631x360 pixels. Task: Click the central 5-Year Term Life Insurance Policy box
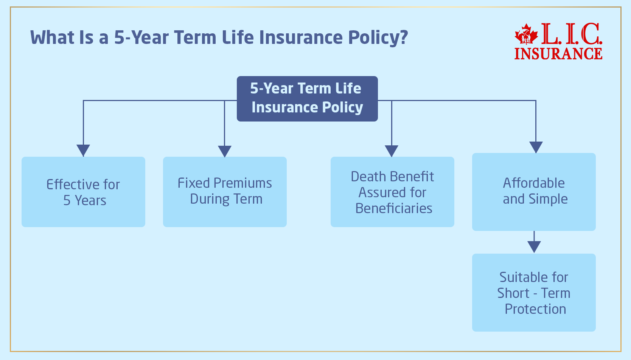click(x=307, y=98)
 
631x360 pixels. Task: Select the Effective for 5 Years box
click(x=83, y=192)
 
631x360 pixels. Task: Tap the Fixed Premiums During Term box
click(x=225, y=192)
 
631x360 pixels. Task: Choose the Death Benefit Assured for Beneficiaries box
click(x=392, y=192)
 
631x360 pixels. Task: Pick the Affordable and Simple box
click(x=534, y=192)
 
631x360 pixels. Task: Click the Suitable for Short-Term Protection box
click(x=534, y=293)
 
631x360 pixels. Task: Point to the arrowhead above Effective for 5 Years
click(x=83, y=150)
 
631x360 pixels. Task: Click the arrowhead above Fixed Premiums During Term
click(x=225, y=151)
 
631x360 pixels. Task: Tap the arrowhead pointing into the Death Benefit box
click(x=392, y=151)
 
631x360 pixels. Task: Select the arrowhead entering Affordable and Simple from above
click(x=536, y=147)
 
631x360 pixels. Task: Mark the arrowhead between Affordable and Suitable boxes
click(x=534, y=246)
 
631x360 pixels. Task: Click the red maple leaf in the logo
click(x=526, y=35)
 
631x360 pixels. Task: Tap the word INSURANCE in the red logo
click(x=558, y=54)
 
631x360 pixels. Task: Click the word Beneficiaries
click(x=393, y=209)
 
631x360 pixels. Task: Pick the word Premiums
click(x=242, y=183)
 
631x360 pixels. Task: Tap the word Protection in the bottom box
click(x=535, y=309)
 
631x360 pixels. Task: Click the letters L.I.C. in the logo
click(x=571, y=34)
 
